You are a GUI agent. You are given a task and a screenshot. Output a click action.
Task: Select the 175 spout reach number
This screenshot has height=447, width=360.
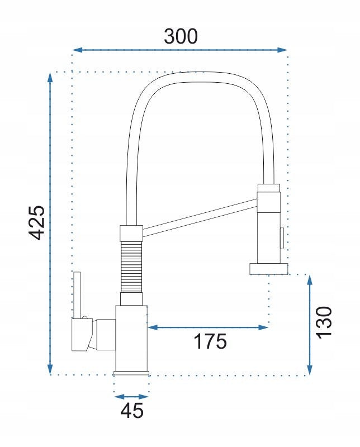click(x=210, y=341)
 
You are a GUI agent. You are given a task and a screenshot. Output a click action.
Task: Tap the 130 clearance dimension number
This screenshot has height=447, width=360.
click(x=324, y=322)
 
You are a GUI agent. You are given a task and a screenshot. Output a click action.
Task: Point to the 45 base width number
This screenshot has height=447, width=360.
click(x=132, y=411)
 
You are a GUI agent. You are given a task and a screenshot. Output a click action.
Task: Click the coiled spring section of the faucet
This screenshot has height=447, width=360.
click(x=132, y=266)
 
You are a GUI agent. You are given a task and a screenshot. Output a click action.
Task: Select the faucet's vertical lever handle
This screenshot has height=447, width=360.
click(x=78, y=294)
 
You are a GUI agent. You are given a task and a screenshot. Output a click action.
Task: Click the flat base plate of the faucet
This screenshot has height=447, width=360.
click(x=132, y=373)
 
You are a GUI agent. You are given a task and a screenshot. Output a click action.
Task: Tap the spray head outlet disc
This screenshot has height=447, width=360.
click(x=269, y=270)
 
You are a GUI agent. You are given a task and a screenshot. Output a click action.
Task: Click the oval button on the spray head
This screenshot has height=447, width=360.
click(x=281, y=239)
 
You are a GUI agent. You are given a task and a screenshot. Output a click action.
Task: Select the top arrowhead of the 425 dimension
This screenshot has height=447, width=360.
click(x=50, y=78)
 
